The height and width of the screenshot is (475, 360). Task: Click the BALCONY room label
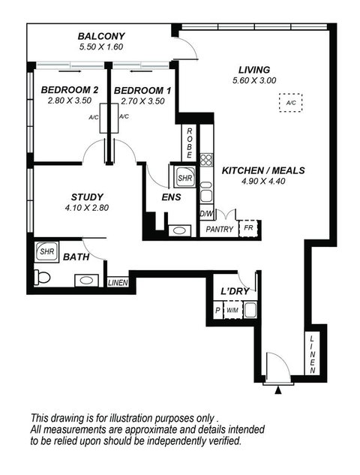coord(101,36)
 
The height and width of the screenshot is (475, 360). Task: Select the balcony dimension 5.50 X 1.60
coord(101,47)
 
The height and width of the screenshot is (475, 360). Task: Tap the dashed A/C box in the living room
coord(289,103)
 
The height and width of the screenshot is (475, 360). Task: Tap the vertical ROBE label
coord(190,142)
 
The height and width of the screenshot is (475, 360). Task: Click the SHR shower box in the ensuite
coord(184,178)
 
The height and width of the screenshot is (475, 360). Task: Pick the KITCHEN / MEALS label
coord(263,170)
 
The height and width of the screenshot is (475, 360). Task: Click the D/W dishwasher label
coord(206,214)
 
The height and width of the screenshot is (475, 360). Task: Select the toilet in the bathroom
coord(43,278)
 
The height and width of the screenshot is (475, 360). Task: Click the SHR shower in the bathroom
coord(47,252)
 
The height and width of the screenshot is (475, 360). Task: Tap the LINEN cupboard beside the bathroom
coord(117,282)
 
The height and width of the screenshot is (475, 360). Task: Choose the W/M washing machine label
coord(232,310)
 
